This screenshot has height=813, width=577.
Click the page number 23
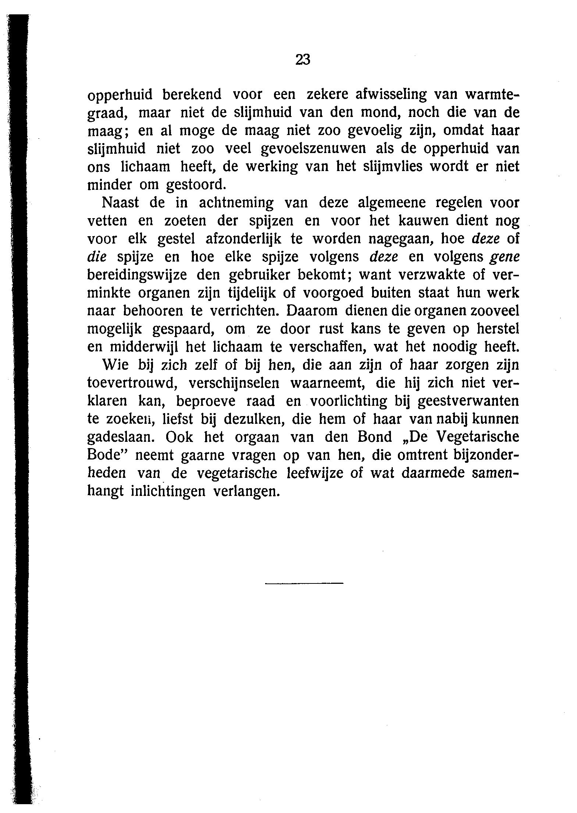(x=303, y=59)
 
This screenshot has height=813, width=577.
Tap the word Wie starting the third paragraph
(x=115, y=365)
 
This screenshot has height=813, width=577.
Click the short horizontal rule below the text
(x=303, y=583)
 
